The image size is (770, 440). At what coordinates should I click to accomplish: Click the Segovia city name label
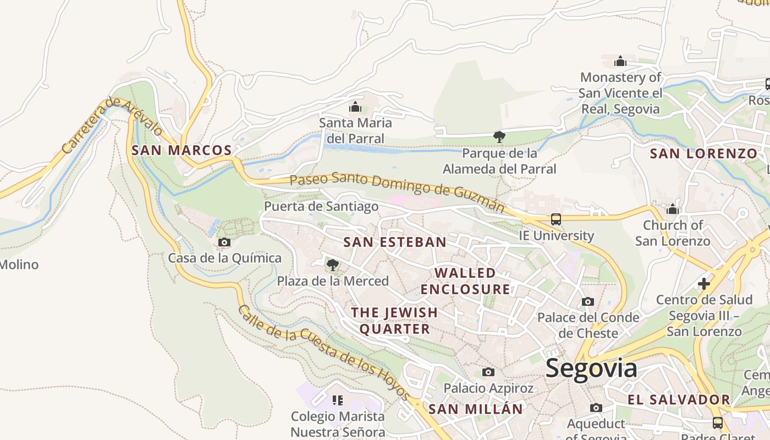pos(591,369)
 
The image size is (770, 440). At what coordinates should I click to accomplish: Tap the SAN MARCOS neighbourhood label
pos(182,150)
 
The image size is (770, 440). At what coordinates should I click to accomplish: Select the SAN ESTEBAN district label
pos(395,242)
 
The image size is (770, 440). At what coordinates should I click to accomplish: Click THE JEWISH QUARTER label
pos(394,321)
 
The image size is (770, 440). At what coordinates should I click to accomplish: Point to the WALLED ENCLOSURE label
pos(465,281)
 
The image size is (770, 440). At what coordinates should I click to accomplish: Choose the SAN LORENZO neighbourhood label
pos(703,154)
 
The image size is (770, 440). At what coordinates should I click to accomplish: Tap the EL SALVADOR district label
pos(679,400)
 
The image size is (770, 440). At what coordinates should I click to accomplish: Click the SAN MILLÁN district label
pos(475,409)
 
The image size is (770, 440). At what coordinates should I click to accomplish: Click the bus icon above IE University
pos(556,219)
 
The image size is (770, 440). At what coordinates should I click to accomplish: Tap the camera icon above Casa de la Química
pos(224,242)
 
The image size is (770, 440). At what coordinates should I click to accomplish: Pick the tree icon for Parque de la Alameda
pos(499,136)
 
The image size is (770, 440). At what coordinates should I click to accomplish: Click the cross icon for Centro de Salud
pos(704,284)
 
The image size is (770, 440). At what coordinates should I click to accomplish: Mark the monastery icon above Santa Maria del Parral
pos(355,107)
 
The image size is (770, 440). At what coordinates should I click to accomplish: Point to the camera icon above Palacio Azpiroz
pos(488,372)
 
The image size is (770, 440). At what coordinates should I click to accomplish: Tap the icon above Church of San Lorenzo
pos(672,210)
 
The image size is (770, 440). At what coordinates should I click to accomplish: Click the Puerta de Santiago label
pos(321,207)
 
